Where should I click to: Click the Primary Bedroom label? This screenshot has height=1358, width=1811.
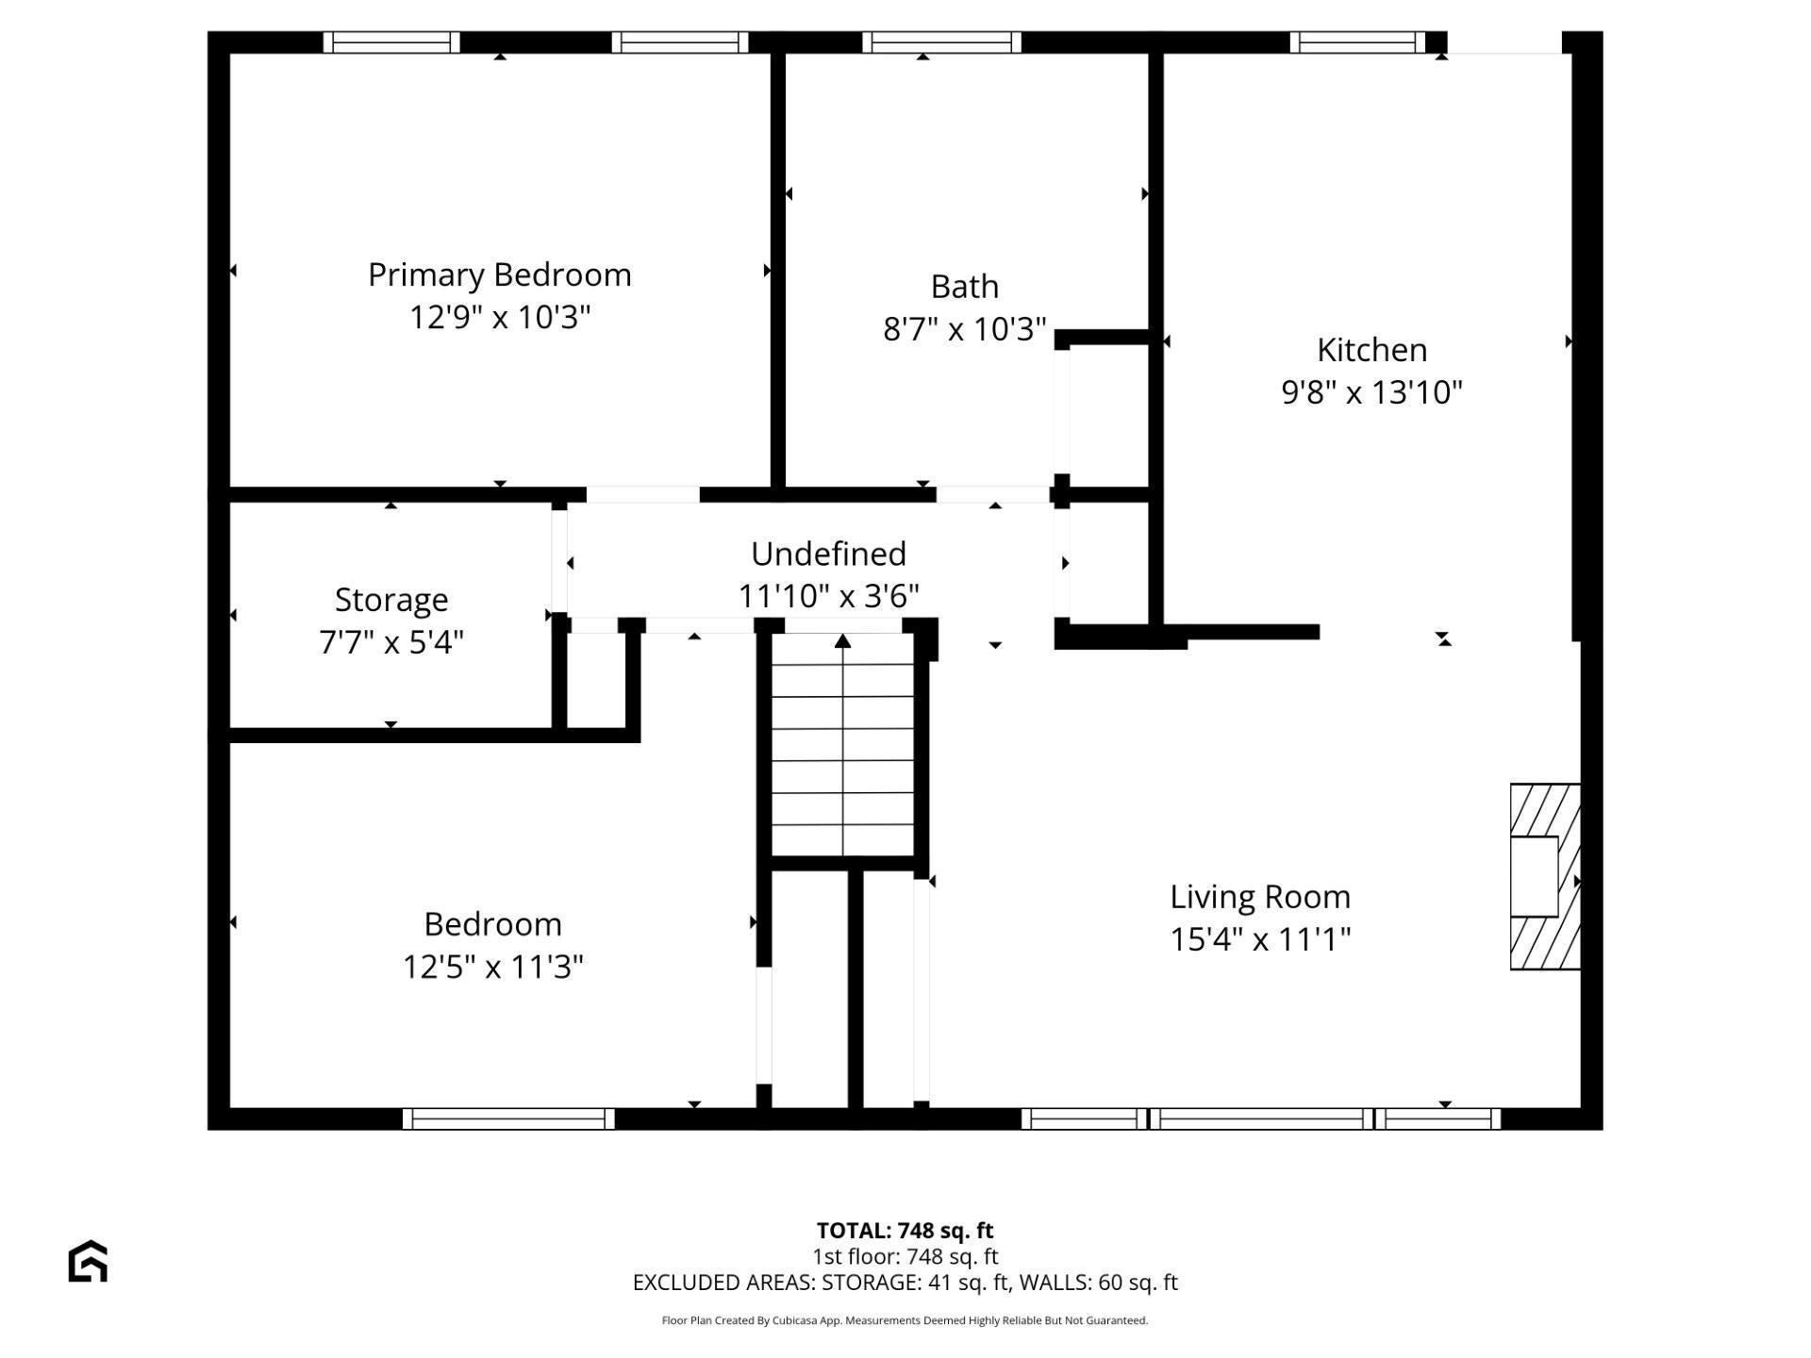click(x=499, y=275)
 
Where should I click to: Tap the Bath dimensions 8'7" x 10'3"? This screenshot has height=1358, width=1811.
click(x=964, y=329)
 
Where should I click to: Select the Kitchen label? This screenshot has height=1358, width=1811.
click(x=1371, y=350)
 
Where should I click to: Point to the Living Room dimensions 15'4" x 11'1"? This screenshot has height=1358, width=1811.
click(x=1260, y=939)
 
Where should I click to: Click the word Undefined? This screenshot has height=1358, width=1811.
click(x=828, y=554)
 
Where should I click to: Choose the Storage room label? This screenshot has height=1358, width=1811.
click(x=391, y=600)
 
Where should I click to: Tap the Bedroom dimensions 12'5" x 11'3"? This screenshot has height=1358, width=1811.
click(x=492, y=967)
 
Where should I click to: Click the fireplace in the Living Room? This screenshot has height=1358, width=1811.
click(x=1544, y=876)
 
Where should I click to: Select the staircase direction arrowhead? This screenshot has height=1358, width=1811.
click(x=842, y=641)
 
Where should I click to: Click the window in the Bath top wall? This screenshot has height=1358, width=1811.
click(x=941, y=42)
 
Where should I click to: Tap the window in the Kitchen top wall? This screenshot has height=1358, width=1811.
click(x=1356, y=42)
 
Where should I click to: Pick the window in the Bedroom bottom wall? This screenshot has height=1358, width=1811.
click(x=508, y=1118)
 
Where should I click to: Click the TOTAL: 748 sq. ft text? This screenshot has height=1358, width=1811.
click(x=905, y=1231)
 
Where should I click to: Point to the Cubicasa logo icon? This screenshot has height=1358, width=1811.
click(x=88, y=1261)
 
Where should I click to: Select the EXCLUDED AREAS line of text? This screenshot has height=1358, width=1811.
click(x=905, y=1283)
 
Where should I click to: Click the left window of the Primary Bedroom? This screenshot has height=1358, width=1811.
click(x=391, y=42)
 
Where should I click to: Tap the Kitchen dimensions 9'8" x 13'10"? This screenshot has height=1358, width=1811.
click(x=1371, y=391)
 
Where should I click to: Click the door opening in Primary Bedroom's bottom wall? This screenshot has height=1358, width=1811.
click(x=642, y=494)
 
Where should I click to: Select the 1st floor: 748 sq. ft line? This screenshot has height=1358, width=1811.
click(x=905, y=1256)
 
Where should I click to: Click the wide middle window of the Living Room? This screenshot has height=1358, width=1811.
click(x=1261, y=1118)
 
